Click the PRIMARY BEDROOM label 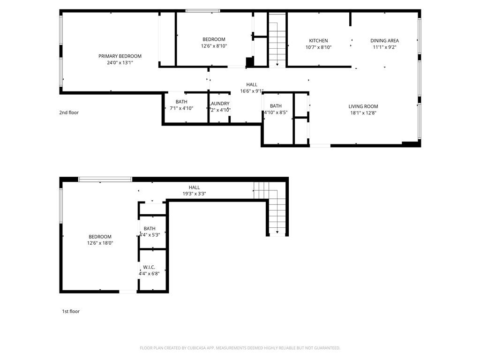pyautogui.click(x=120, y=56)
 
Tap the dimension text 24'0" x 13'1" pyautogui.click(x=120, y=63)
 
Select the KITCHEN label pyautogui.click(x=318, y=41)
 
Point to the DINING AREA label pyautogui.click(x=384, y=41)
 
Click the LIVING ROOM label pyautogui.click(x=363, y=106)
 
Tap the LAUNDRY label pyautogui.click(x=219, y=104)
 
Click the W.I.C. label pyautogui.click(x=149, y=267)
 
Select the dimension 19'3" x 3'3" pyautogui.click(x=194, y=194)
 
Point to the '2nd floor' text pyautogui.click(x=69, y=112)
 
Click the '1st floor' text pyautogui.click(x=71, y=311)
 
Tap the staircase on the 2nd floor pyautogui.click(x=277, y=40)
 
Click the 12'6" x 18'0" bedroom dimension pyautogui.click(x=100, y=243)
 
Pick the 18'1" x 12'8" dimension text pyautogui.click(x=363, y=113)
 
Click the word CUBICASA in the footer pyautogui.click(x=194, y=348)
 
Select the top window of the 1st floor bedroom pyautogui.click(x=105, y=179)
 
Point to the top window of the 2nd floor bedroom pyautogui.click(x=202, y=11)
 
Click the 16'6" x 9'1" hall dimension pyautogui.click(x=252, y=91)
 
